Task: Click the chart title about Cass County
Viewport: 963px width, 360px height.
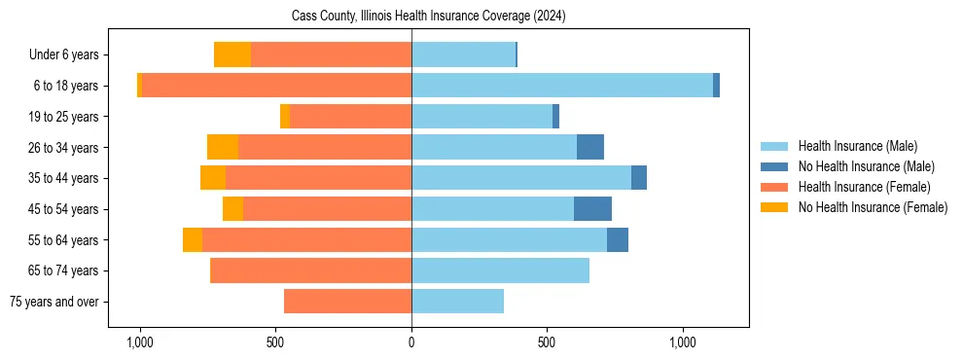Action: [428, 17]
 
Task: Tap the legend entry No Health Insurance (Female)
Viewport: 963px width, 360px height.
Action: [873, 207]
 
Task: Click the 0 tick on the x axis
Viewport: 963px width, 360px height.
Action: [411, 342]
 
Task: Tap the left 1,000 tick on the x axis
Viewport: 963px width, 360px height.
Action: [140, 342]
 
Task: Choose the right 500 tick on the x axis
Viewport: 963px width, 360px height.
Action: [547, 342]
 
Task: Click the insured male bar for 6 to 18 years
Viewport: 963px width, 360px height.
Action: [562, 86]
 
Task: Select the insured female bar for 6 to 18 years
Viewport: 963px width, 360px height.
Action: [276, 86]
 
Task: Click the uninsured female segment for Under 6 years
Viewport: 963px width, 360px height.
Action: [232, 55]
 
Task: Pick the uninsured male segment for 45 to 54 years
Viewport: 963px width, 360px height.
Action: [592, 209]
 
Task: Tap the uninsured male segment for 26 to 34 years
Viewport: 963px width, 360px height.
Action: [590, 147]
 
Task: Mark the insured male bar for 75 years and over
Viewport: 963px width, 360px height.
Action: [457, 302]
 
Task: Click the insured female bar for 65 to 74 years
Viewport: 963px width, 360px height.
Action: [311, 270]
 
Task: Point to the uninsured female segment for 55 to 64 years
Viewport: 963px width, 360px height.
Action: [193, 239]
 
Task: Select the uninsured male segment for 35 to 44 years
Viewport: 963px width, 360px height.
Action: [639, 178]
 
